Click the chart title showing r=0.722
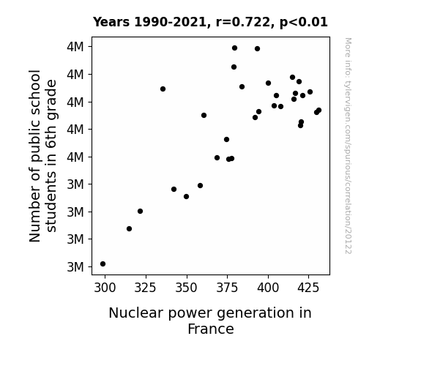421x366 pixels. [210, 22]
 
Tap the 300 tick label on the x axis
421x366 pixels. [105, 288]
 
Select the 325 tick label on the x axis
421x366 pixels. [145, 288]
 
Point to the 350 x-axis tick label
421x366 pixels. [186, 288]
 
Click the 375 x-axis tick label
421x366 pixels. [227, 288]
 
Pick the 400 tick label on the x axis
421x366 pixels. [268, 288]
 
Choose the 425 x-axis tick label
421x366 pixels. [308, 288]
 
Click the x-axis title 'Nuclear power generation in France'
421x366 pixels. [210, 321]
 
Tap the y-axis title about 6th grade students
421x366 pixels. [42, 156]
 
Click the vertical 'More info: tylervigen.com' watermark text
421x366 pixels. [348, 146]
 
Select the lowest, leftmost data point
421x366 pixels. [103, 264]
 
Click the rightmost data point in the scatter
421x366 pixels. [319, 110]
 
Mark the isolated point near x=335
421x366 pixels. [163, 89]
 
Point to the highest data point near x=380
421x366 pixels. [235, 48]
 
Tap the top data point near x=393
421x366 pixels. [258, 48]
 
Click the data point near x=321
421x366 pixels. [140, 212]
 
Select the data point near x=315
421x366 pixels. [129, 229]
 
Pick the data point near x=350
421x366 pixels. [186, 197]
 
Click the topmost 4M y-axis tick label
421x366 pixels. [75, 47]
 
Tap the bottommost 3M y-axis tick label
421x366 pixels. [75, 267]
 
